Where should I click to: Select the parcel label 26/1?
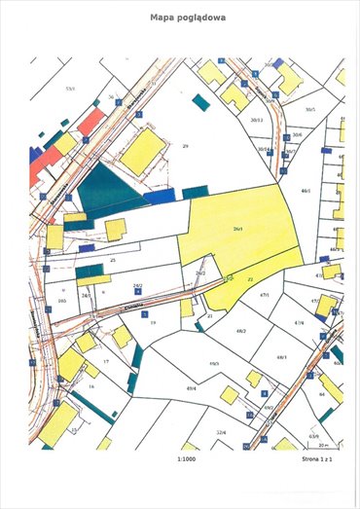(x=238, y=230)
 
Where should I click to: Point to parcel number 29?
(x=184, y=145)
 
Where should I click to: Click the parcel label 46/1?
(x=306, y=191)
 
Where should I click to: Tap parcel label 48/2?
(x=240, y=331)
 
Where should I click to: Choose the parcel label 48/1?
(x=281, y=357)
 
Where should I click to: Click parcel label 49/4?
(x=192, y=388)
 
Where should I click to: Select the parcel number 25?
(x=113, y=260)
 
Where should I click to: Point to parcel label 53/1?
(x=69, y=88)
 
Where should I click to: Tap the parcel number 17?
(x=105, y=361)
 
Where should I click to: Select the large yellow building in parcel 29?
(x=145, y=148)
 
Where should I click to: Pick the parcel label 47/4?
(x=299, y=321)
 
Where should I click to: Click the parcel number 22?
(x=250, y=278)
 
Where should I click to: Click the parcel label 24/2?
(x=138, y=286)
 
